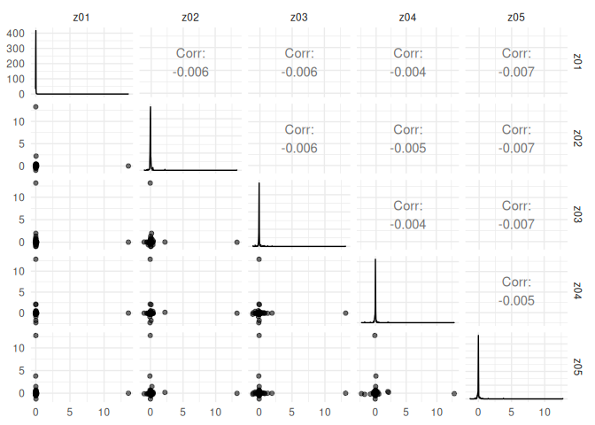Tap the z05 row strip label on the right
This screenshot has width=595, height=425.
577,367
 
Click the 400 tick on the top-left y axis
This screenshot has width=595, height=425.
16,35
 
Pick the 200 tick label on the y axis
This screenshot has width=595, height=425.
16,65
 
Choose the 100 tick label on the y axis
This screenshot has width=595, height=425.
16,80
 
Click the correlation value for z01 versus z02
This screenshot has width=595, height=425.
191,72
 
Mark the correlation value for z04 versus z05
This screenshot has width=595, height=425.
515,300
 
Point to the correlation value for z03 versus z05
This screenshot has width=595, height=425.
515,224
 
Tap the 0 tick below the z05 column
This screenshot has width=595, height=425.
478,412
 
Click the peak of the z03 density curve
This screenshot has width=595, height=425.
259,183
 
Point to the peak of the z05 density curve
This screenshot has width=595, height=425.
478,336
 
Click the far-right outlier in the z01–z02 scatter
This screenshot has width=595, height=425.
128,166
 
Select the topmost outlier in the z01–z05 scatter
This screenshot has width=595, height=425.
35,336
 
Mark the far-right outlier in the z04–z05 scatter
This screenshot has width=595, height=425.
454,393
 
